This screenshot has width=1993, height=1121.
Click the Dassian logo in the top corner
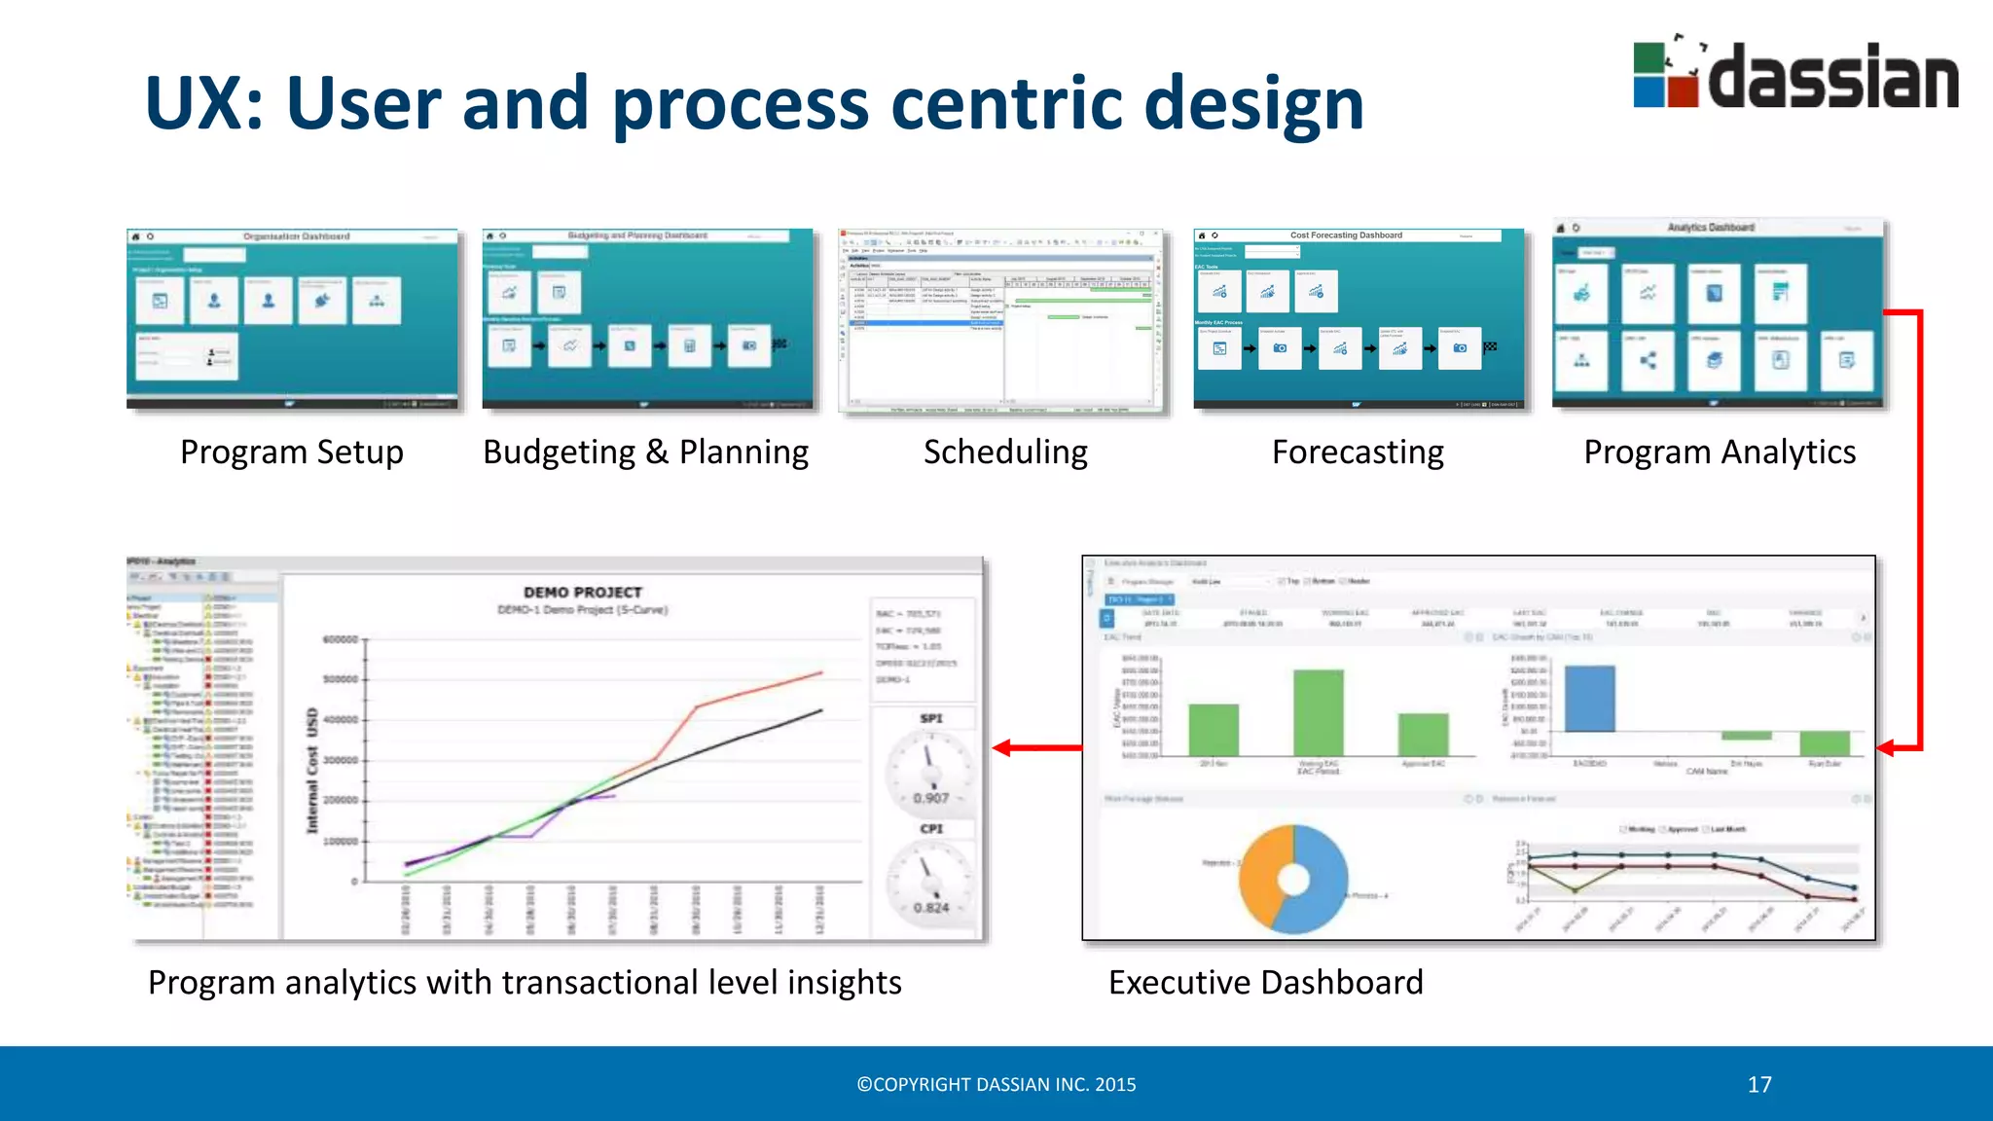click(1795, 74)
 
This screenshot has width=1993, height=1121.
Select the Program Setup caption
click(292, 452)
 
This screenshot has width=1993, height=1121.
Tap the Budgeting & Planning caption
click(645, 452)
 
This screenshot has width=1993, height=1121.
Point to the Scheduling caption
click(1005, 452)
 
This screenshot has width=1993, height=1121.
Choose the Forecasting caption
click(1358, 452)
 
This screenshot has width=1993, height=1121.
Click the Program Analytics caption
click(1720, 452)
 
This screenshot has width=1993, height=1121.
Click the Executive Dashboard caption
click(1265, 983)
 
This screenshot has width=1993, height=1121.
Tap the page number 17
click(1759, 1085)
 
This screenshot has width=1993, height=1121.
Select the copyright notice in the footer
click(996, 1085)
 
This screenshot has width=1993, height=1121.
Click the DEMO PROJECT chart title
click(583, 592)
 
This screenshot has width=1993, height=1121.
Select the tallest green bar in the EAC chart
click(1319, 712)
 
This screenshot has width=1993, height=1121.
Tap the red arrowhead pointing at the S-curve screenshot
click(1002, 747)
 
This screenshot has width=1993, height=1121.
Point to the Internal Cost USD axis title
click(312, 770)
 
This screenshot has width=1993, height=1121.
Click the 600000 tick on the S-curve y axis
click(340, 639)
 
